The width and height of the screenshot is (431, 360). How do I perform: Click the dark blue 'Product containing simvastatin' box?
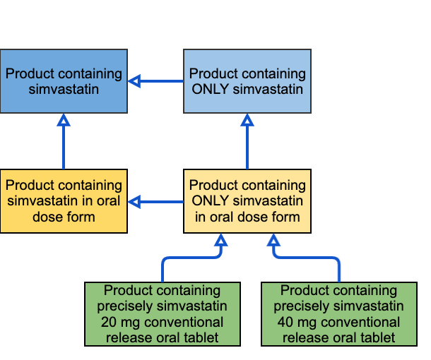tap(64, 81)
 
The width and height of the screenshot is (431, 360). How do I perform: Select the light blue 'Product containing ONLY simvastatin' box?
tap(247, 81)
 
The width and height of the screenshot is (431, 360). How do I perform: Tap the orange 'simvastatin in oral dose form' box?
tap(64, 201)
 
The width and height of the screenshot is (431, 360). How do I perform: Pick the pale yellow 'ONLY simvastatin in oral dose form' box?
tap(247, 201)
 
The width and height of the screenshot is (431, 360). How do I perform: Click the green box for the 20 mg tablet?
tap(163, 314)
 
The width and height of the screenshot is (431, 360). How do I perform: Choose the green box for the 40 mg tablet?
tap(339, 314)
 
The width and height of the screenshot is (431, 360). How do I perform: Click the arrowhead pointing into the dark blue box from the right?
tap(134, 81)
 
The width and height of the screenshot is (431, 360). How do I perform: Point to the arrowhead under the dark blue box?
tap(64, 120)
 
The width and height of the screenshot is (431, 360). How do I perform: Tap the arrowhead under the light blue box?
tap(247, 120)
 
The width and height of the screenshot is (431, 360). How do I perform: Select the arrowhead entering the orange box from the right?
tap(134, 202)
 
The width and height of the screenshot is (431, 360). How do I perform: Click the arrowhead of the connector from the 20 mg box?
tap(221, 240)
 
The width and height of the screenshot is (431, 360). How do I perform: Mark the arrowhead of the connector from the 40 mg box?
tap(273, 240)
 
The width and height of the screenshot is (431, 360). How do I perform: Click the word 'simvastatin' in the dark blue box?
tap(64, 89)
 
